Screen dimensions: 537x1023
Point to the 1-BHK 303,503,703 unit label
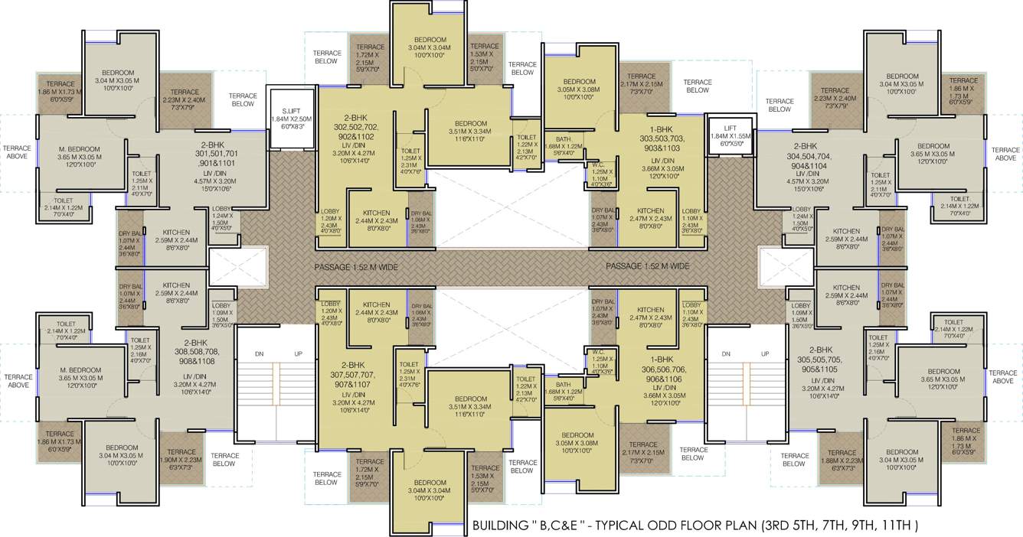point(658,138)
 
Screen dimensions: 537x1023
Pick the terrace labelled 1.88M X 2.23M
point(842,457)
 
